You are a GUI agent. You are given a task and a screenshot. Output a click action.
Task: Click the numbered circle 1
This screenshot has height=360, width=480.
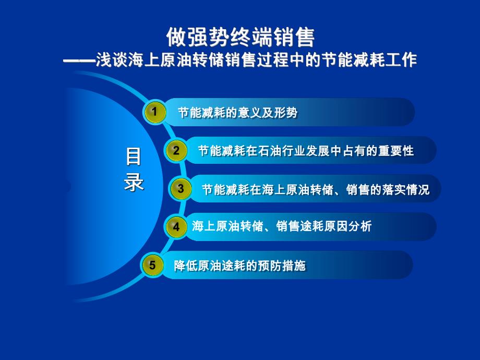tap(154, 112)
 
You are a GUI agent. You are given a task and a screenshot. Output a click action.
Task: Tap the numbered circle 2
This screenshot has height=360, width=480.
tap(176, 151)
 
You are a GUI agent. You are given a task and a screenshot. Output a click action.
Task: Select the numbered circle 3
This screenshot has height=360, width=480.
tap(181, 189)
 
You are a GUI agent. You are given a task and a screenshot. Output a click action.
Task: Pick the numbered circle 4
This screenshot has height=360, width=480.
tap(176, 227)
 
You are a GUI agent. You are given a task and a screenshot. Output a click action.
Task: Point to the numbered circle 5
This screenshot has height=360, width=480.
tap(152, 265)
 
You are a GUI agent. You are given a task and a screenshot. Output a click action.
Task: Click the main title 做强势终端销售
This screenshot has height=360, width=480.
tap(240, 37)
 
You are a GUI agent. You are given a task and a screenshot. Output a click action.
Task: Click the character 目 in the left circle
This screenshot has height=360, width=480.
tap(134, 157)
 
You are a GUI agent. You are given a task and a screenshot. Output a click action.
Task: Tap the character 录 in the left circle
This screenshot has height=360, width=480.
tap(134, 183)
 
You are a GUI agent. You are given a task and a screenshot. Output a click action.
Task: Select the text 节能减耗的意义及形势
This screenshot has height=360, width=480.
tap(238, 113)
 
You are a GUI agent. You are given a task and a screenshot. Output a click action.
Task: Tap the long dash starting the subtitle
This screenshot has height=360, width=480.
tap(78, 61)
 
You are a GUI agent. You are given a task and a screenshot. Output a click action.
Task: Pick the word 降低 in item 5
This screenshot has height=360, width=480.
tap(185, 266)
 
